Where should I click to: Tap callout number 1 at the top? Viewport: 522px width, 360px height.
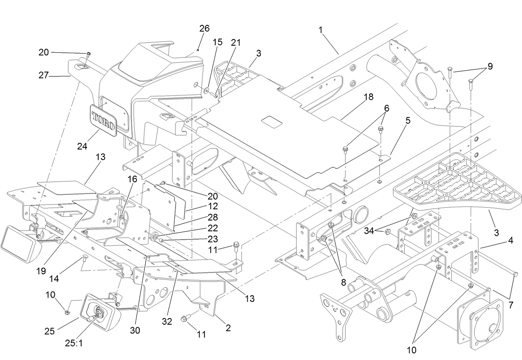click(320, 30)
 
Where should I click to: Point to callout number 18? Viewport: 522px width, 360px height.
click(368, 97)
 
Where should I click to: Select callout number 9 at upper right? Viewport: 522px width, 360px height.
click(490, 66)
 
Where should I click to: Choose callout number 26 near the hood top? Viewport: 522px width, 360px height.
click(205, 29)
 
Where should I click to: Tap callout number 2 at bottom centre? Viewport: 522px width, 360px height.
click(228, 328)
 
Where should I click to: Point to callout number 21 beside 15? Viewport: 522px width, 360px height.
click(236, 43)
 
